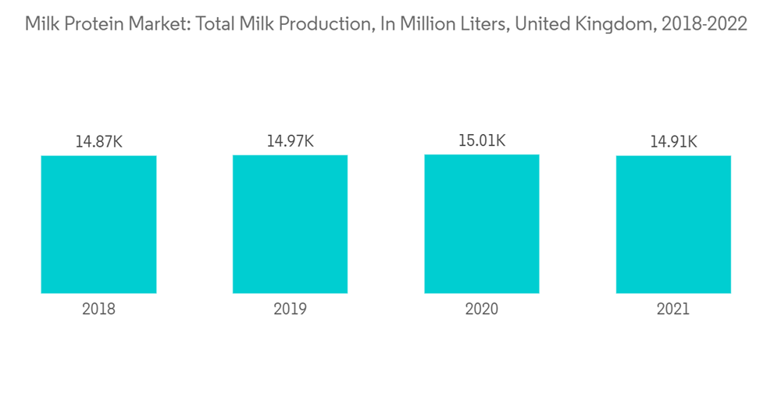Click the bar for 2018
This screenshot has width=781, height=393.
pyautogui.click(x=98, y=225)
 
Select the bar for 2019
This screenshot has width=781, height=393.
pyautogui.click(x=290, y=225)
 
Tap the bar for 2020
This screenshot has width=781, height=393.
pyautogui.click(x=482, y=224)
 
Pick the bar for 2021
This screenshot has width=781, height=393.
pyautogui.click(x=673, y=225)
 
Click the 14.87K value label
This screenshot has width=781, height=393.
pyautogui.click(x=98, y=142)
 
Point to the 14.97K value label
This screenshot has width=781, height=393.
pyautogui.click(x=290, y=141)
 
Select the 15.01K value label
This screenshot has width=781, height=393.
pyautogui.click(x=482, y=140)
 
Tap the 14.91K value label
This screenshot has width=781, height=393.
pyautogui.click(x=673, y=142)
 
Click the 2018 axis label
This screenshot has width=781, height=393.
pyautogui.click(x=98, y=309)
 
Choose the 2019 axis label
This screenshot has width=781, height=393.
pyautogui.click(x=290, y=309)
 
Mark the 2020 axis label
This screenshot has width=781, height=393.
pyautogui.click(x=482, y=309)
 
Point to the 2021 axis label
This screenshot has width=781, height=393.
pyautogui.click(x=673, y=309)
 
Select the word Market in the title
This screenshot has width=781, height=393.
pyautogui.click(x=155, y=25)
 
